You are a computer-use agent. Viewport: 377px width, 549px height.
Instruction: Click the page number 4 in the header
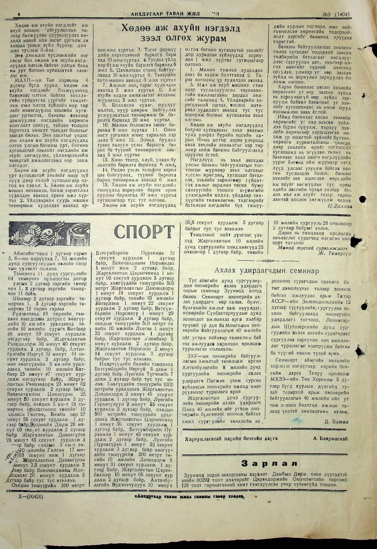coord(18,14)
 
